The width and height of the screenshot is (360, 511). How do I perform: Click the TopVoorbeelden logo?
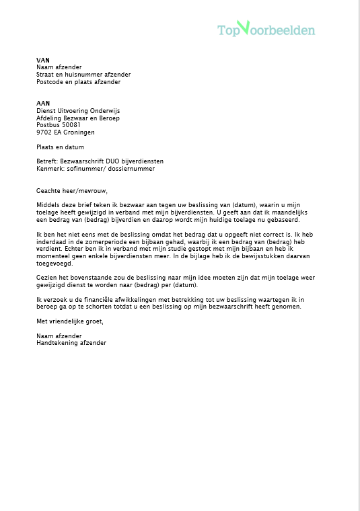pos(266,30)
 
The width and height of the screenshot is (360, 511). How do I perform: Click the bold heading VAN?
pos(43,60)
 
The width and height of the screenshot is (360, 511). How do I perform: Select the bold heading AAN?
pos(43,104)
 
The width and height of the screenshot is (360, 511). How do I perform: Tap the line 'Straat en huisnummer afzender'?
pos(83,75)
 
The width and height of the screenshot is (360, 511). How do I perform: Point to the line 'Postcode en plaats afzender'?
pos(79,82)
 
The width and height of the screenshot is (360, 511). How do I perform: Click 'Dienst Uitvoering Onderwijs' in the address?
pos(78,111)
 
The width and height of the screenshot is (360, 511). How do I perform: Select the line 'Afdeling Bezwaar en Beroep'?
pos(77,118)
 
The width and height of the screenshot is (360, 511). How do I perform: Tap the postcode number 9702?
pos(44,132)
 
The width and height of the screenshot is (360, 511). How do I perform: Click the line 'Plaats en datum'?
pos(61,147)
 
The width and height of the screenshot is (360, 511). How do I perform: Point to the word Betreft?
pos(47,161)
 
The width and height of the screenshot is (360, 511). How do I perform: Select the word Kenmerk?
pos(49,169)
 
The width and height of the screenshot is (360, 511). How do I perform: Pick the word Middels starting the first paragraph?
pos(48,205)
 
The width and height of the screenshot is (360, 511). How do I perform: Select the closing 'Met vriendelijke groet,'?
pos(70,321)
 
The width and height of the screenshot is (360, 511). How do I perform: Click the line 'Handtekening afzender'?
pos(71,343)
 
